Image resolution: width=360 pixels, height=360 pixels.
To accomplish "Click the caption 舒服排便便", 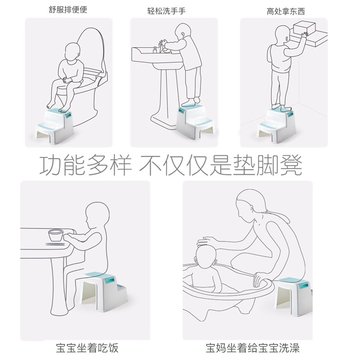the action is click(68, 9).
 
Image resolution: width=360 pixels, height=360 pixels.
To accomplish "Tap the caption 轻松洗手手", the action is click(166, 11).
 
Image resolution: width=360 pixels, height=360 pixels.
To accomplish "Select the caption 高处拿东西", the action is click(286, 11).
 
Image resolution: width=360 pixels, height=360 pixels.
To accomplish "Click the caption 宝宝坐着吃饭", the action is click(87, 348).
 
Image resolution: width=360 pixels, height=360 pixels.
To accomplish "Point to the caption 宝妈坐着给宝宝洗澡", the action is click(252, 348).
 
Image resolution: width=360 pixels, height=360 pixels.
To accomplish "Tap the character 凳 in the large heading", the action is click(291, 165).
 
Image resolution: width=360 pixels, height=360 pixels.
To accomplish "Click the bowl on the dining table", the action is click(56, 235).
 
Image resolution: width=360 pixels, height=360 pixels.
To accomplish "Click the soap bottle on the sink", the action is click(155, 50).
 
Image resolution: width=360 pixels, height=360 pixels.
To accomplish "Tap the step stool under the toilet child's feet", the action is click(55, 126).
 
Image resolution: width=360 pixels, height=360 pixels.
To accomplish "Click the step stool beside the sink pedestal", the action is click(195, 121).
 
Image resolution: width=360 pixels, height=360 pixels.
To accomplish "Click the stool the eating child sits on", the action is click(104, 291).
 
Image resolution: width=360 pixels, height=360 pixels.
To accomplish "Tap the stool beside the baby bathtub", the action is click(293, 296).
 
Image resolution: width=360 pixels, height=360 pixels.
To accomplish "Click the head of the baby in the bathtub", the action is click(206, 256).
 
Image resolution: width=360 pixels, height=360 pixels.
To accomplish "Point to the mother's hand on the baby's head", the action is click(207, 241).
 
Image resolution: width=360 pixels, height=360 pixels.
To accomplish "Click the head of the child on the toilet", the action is click(72, 52).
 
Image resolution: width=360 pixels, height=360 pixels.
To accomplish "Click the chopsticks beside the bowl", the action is click(55, 244).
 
